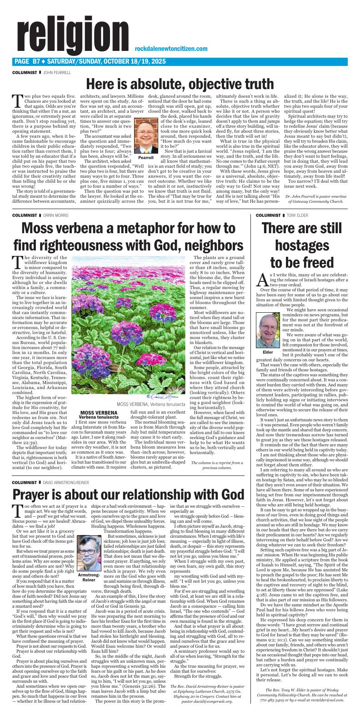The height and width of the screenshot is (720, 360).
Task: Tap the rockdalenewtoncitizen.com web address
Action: click(171, 49)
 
